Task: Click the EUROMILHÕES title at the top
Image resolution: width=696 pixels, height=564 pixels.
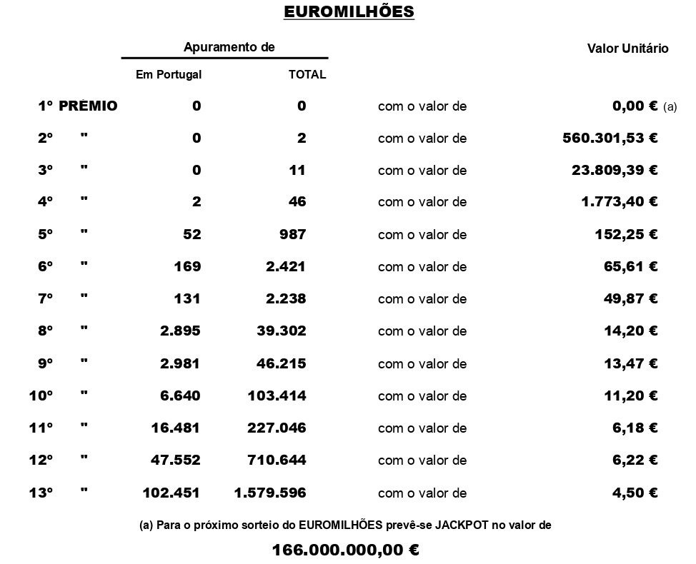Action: point(349,12)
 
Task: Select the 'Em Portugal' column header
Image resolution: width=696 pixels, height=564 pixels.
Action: point(169,74)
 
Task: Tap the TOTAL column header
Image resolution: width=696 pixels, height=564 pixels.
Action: point(307,74)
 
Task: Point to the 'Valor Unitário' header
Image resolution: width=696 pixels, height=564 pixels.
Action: point(627,49)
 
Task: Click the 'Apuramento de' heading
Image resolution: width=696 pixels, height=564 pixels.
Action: point(229,47)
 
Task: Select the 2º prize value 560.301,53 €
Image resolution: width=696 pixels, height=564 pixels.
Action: point(610,138)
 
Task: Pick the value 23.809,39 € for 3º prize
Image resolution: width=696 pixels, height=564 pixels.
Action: point(615,170)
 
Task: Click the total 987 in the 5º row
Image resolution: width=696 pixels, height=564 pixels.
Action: point(293,234)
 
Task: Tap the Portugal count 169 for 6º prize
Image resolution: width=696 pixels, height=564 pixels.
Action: point(187,267)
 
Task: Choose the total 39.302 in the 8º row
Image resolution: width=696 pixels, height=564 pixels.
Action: point(282,331)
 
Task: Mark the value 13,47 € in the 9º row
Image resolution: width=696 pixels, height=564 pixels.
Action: point(630,363)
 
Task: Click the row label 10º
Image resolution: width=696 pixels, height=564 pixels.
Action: point(41,396)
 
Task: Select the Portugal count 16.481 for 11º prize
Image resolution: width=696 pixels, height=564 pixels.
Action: point(176,428)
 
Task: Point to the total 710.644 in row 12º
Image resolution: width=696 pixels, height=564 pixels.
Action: point(277,460)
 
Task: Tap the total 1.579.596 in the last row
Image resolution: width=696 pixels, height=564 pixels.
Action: point(270,493)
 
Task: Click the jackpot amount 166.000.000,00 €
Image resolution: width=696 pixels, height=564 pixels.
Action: point(346,550)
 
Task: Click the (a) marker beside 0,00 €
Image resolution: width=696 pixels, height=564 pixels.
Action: point(670,107)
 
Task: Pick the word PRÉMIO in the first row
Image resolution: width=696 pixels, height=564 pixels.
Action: point(88,106)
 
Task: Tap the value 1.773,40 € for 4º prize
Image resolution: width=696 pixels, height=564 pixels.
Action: point(619,202)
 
